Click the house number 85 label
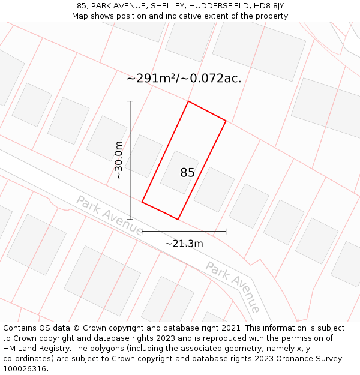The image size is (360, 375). click(x=187, y=173)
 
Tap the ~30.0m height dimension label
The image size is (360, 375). click(x=119, y=160)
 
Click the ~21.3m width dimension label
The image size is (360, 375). click(x=184, y=243)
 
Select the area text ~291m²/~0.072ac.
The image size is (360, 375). click(x=184, y=78)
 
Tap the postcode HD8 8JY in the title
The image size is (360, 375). click(x=270, y=6)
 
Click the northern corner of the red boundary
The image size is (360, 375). click(x=188, y=101)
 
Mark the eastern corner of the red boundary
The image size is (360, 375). click(x=226, y=121)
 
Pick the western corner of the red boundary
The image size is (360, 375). click(x=142, y=202)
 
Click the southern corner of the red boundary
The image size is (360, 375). click(x=178, y=219)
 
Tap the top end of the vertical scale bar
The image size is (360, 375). click(x=130, y=101)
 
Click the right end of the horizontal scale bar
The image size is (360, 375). click(x=226, y=231)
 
